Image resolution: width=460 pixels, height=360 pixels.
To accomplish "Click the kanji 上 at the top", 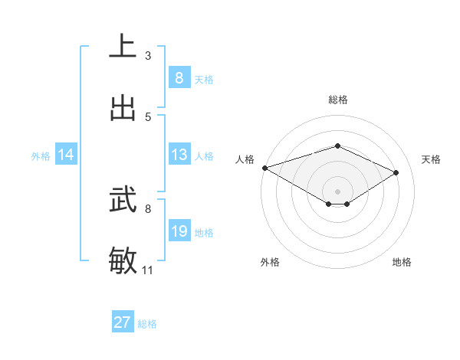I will tap(123, 46).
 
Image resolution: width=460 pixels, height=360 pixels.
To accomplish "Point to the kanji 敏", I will tap(123, 260).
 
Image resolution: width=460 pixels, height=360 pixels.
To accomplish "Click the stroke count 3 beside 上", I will tap(148, 56).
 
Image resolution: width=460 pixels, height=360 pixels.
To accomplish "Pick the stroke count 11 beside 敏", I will tap(148, 270).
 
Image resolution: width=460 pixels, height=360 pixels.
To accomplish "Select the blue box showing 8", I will tap(179, 77).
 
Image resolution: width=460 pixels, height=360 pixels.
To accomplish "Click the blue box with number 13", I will tap(179, 155).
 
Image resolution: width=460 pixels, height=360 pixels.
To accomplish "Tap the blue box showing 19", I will tap(179, 231).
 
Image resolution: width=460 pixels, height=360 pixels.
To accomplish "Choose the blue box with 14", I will tap(66, 155).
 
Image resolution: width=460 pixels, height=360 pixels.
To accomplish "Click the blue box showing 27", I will tap(122, 322).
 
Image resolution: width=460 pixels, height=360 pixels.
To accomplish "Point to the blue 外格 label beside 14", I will tap(41, 155).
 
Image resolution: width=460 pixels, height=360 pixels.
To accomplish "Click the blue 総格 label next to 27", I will tap(147, 324).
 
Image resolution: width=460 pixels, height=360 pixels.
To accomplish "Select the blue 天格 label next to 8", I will tap(203, 79).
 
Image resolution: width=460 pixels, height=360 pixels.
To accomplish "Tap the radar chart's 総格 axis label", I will tap(337, 100).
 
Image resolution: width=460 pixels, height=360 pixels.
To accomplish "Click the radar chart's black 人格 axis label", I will tap(245, 159).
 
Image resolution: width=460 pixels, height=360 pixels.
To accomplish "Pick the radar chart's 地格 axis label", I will tap(402, 262).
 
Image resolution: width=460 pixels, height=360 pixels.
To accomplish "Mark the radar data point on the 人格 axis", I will tap(264, 168).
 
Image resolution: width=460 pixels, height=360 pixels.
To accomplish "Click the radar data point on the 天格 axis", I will tap(396, 172).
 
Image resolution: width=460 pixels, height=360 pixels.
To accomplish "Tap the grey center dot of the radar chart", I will tap(337, 191).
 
